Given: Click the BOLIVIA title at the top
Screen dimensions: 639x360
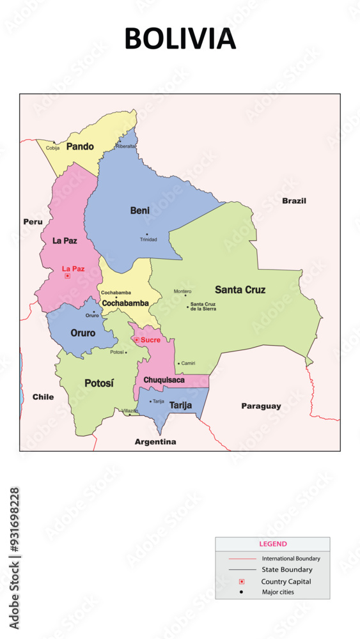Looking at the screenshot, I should pyautogui.click(x=180, y=39).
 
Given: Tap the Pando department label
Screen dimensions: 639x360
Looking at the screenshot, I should pyautogui.click(x=80, y=146).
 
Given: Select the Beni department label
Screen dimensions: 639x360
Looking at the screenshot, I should pyautogui.click(x=140, y=210).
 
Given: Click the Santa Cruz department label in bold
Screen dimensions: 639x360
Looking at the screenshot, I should pyautogui.click(x=240, y=289).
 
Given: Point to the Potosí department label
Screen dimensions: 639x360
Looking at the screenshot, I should pyautogui.click(x=99, y=383).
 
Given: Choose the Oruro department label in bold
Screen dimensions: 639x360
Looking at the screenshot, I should pyautogui.click(x=83, y=333).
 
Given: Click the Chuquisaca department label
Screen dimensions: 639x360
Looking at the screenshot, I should pyautogui.click(x=164, y=380).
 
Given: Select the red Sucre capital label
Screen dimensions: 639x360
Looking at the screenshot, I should pyautogui.click(x=150, y=340).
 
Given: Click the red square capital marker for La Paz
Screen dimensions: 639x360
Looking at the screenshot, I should pyautogui.click(x=67, y=276).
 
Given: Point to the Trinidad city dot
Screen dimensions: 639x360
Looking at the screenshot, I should pyautogui.click(x=146, y=234).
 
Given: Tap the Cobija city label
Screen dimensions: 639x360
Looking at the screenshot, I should pyautogui.click(x=53, y=148).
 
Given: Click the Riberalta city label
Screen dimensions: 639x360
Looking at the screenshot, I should pyautogui.click(x=126, y=146).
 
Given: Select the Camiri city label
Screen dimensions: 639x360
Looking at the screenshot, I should pyautogui.click(x=188, y=363).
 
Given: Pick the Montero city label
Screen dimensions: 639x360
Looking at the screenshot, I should pyautogui.click(x=182, y=291).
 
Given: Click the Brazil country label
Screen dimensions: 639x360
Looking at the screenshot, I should pyautogui.click(x=294, y=201).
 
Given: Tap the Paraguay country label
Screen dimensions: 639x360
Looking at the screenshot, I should pyautogui.click(x=261, y=406).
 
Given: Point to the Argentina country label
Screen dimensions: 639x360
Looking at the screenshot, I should pyautogui.click(x=155, y=442).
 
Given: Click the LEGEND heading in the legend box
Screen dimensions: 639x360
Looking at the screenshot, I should pyautogui.click(x=272, y=544).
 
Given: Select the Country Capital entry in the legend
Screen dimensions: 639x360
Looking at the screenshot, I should pyautogui.click(x=286, y=581).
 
